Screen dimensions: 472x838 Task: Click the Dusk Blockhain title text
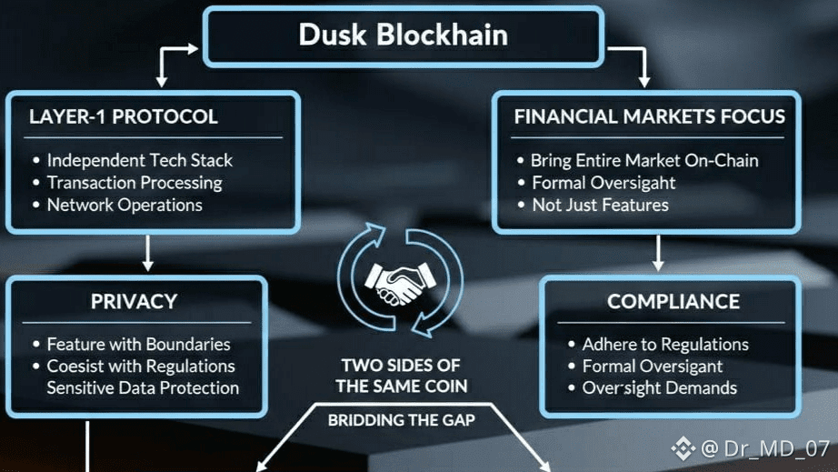point(403,35)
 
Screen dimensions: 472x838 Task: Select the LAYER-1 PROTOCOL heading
point(123,116)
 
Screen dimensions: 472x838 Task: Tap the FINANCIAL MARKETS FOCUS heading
point(649,116)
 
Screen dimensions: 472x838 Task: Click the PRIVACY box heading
point(134,301)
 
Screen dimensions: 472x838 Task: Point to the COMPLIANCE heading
point(673,301)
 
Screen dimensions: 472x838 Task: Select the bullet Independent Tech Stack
point(140,160)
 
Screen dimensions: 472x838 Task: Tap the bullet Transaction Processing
point(135,182)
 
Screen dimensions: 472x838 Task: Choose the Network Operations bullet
point(125,205)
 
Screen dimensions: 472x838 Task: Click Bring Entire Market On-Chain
point(644,160)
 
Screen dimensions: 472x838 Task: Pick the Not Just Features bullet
point(600,205)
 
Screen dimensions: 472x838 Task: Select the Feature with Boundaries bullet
point(138,345)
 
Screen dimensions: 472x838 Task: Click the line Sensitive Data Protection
point(143,388)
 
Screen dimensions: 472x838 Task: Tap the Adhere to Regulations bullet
point(665,345)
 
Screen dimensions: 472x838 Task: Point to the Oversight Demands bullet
point(659,388)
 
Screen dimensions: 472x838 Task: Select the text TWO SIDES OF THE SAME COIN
point(401,376)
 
